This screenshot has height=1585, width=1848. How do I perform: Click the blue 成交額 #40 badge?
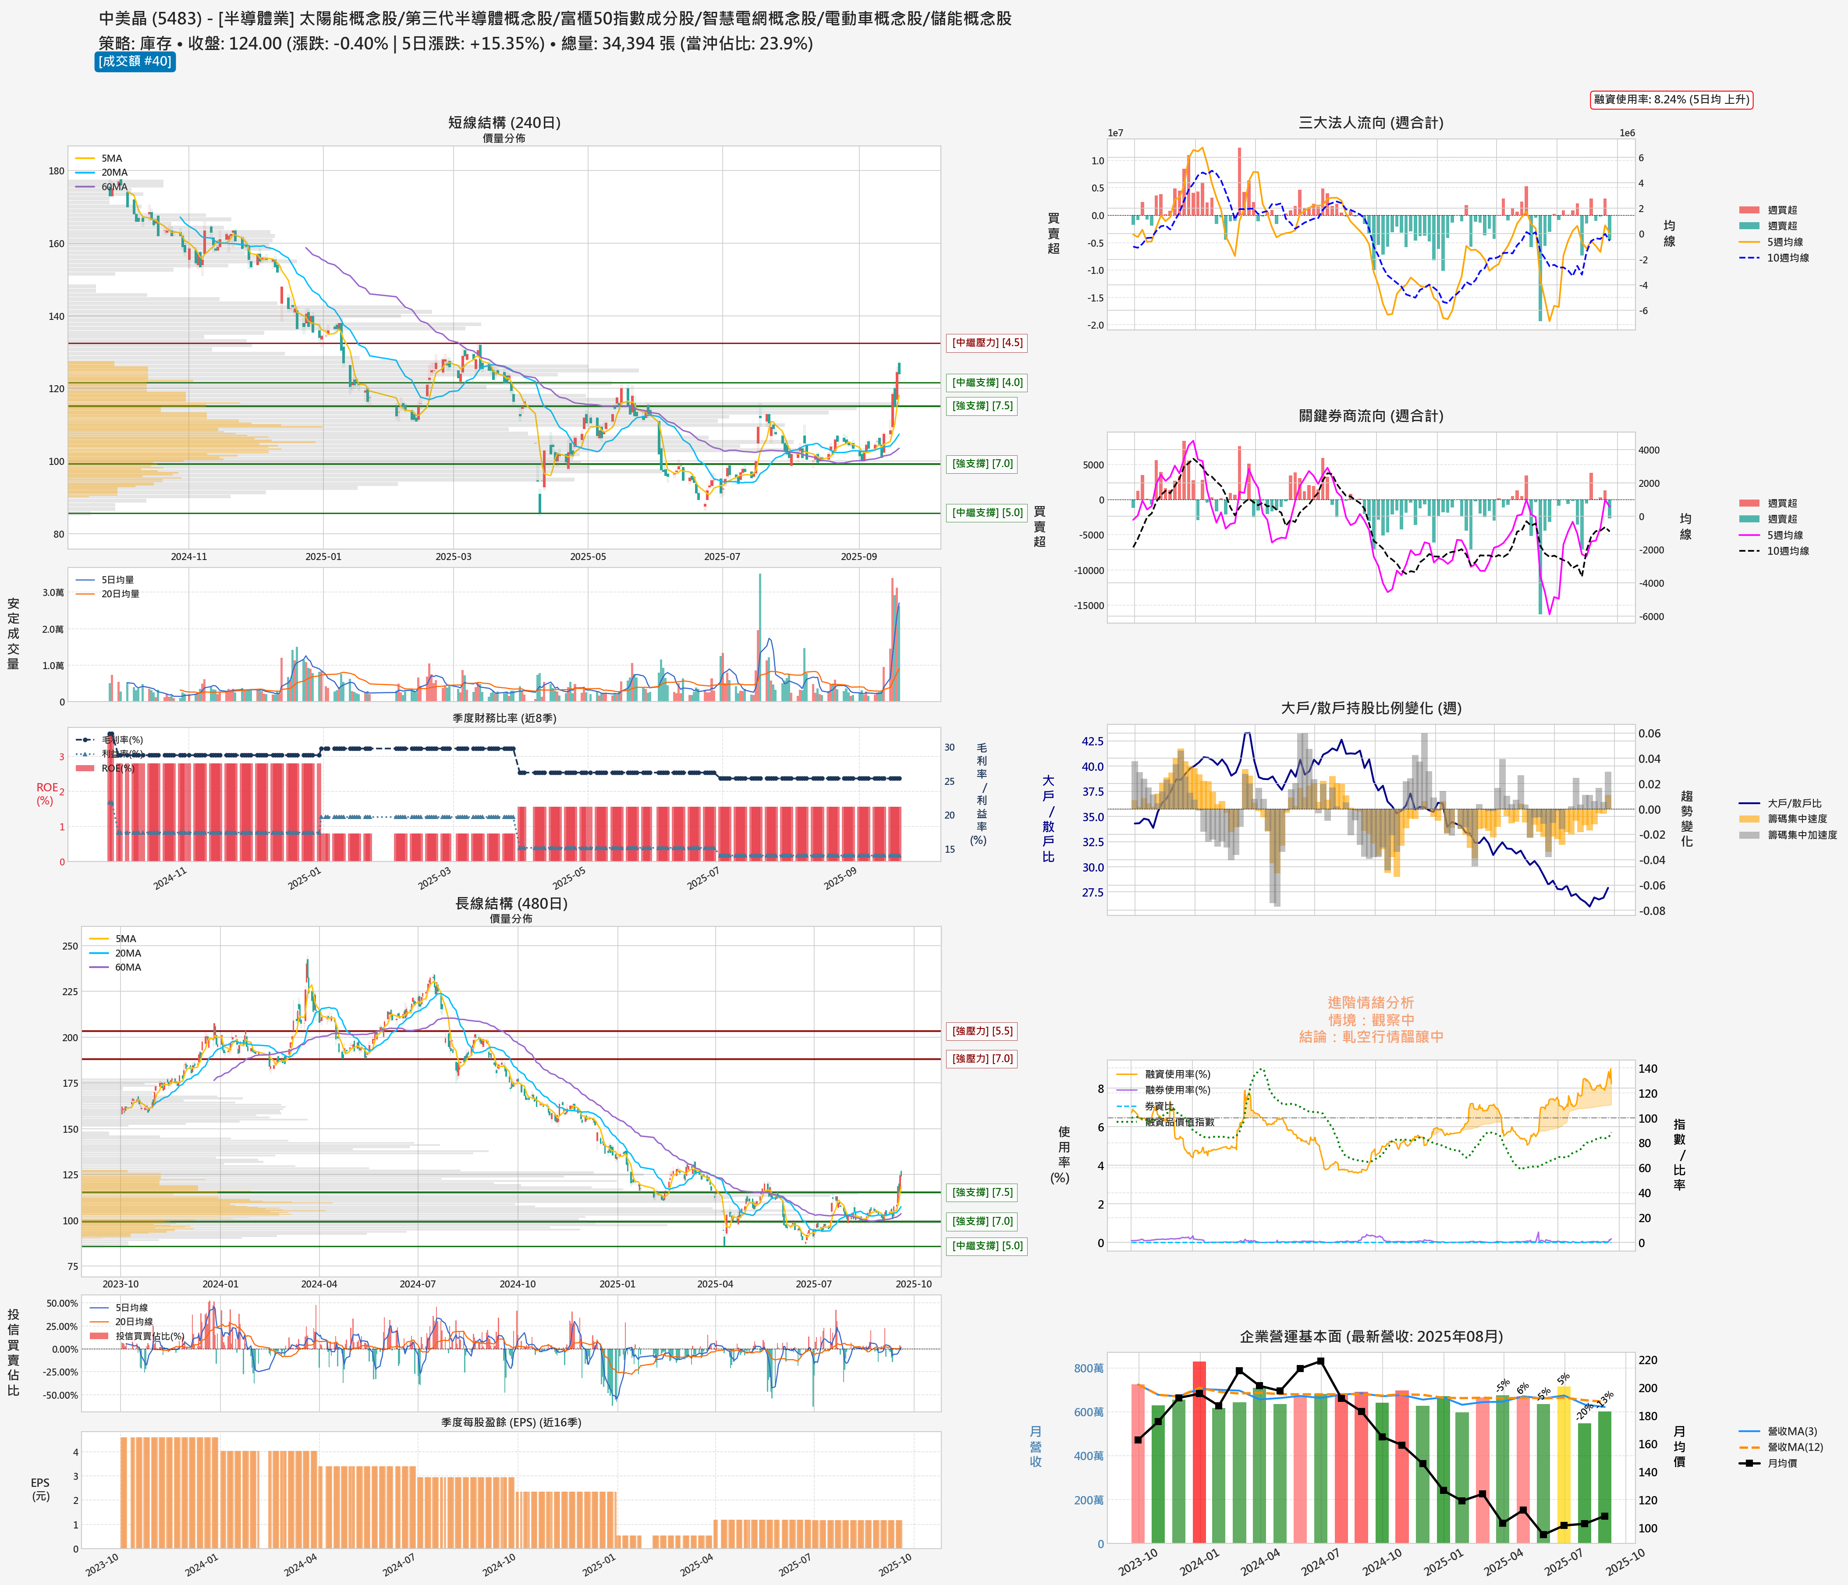[x=135, y=61]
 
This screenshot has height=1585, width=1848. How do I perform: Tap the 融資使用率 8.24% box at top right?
[x=1671, y=99]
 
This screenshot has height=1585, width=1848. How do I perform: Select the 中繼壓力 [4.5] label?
[x=986, y=343]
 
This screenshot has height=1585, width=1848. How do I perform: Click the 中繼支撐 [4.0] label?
[x=986, y=383]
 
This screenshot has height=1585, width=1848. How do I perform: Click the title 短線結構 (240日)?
[x=504, y=122]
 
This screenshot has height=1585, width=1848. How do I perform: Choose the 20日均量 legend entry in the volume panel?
[x=120, y=594]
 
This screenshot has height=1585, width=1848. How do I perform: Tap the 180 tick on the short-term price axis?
[x=56, y=171]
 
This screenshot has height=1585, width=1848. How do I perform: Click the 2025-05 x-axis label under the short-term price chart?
[x=588, y=557]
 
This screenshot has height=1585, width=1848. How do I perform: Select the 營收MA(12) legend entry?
[x=1795, y=1447]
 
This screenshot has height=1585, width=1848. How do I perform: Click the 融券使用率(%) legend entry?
[x=1178, y=1090]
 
